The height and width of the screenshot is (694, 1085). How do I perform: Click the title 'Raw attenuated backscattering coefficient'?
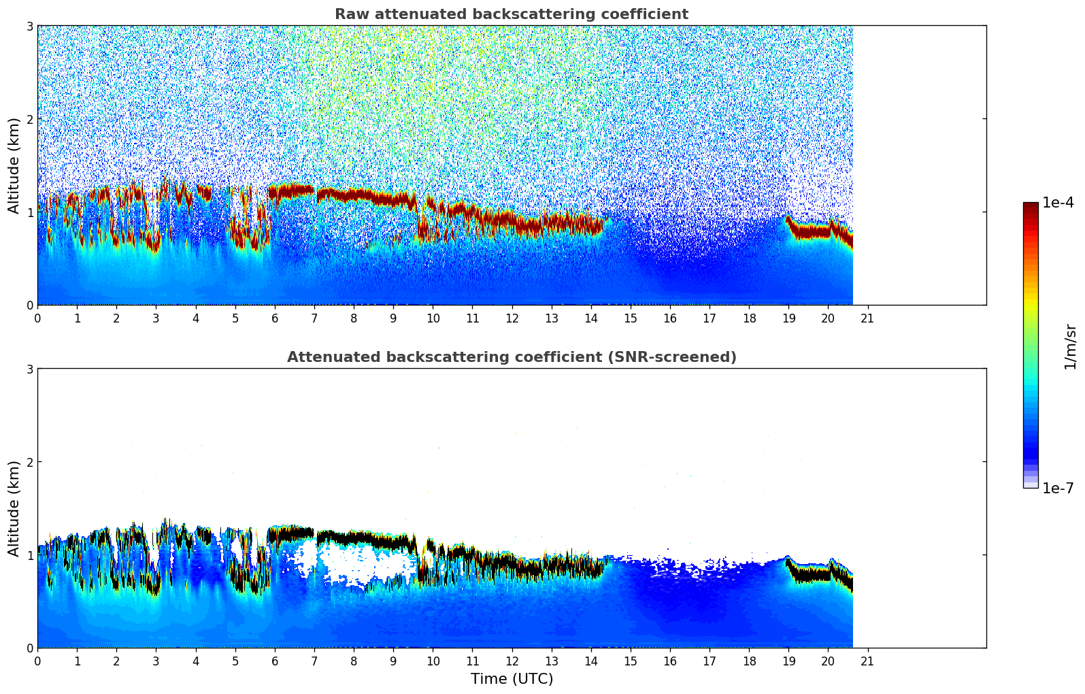[511, 14]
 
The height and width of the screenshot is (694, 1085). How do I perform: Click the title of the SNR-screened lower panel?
[511, 357]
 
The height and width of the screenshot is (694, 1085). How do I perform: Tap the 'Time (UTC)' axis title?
[512, 678]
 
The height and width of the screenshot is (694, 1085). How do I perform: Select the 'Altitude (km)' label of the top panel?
[14, 165]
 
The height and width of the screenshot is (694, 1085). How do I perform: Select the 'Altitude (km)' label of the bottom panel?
[14, 508]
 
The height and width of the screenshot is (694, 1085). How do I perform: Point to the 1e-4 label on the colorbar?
[1058, 203]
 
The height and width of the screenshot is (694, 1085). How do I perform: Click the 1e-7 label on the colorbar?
[1058, 488]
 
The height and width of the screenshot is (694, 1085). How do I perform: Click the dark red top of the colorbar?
[1031, 207]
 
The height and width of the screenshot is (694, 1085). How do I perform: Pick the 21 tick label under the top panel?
[867, 318]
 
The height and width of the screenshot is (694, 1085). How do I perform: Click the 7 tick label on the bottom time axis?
[314, 661]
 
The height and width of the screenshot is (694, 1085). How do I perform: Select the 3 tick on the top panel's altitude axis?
[29, 26]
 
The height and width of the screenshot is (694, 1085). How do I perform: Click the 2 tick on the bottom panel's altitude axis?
[29, 462]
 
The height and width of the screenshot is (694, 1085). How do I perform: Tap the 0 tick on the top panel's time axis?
[37, 318]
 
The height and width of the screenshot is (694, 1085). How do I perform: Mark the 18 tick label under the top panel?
[749, 318]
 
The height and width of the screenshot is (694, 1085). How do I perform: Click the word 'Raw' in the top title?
[350, 14]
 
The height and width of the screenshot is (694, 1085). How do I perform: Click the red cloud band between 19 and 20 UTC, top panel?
[809, 231]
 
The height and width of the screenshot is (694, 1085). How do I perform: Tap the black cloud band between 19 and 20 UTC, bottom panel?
[809, 575]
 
